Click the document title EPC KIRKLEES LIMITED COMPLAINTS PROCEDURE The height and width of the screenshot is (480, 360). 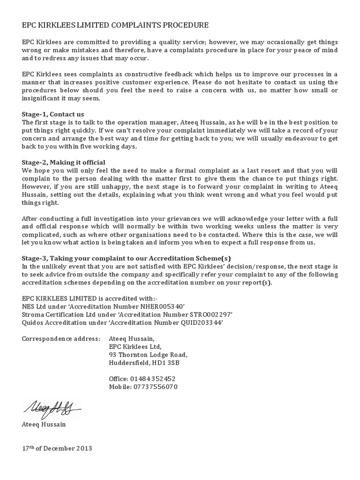[x=115, y=25]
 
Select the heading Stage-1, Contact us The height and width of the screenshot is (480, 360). [x=53, y=114]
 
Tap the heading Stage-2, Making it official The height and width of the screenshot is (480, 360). [x=63, y=162]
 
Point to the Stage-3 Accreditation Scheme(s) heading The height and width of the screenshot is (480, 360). [x=127, y=258]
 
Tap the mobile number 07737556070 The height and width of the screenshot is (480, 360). [x=155, y=387]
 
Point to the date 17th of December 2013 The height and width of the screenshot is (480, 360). [x=57, y=449]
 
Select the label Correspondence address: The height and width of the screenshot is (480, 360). [x=61, y=338]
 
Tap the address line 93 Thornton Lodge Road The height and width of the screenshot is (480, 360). [x=148, y=354]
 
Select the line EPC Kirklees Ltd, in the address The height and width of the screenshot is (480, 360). [x=135, y=346]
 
